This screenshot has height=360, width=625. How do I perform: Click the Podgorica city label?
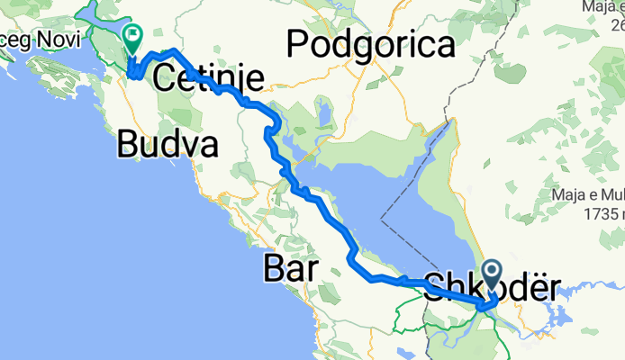[x=371, y=43]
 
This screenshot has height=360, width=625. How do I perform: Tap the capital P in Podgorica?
[x=297, y=43]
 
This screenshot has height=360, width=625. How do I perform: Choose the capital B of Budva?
[x=127, y=144]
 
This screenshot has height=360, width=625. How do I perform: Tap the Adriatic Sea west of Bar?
[x=135, y=270]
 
